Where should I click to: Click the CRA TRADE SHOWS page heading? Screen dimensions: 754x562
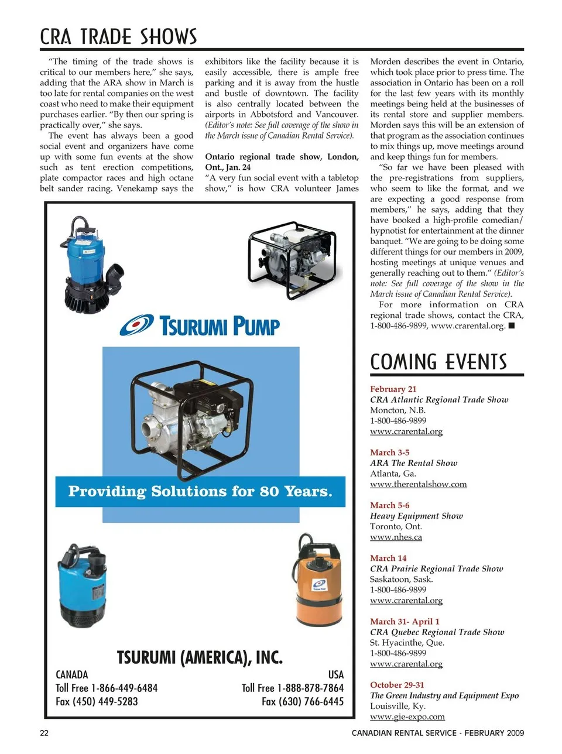(x=118, y=37)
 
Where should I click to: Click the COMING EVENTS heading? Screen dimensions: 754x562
(x=438, y=362)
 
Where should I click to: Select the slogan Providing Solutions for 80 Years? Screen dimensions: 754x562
(x=200, y=491)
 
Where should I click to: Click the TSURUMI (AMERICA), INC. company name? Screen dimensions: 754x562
(x=200, y=657)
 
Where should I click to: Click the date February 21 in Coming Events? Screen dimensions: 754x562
(x=393, y=389)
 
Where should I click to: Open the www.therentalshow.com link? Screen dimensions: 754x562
(x=418, y=484)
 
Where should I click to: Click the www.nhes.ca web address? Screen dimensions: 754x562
(x=396, y=537)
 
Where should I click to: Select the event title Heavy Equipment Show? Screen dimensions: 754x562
(x=416, y=516)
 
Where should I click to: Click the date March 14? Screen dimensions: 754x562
(x=388, y=558)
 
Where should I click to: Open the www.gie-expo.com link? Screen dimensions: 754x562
(x=407, y=717)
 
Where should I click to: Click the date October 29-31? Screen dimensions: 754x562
(x=397, y=685)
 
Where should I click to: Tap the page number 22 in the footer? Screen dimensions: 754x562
(x=44, y=733)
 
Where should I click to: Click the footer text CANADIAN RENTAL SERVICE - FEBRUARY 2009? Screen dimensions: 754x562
(x=438, y=733)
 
